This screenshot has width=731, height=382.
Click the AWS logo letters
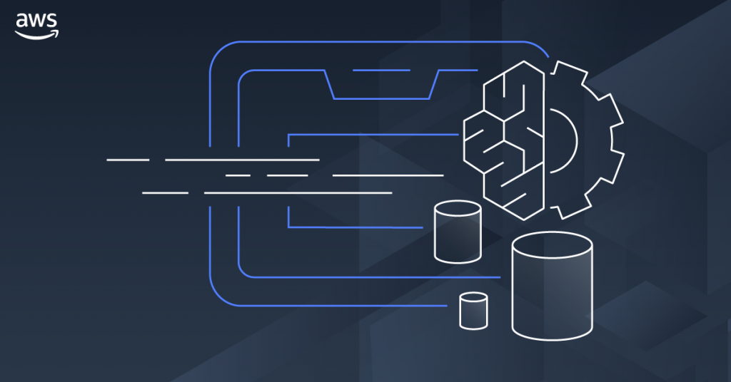coord(36,21)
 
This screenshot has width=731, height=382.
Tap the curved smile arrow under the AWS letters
coord(36,33)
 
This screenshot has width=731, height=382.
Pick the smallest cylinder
coord(473,311)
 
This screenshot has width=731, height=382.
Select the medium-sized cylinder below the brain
coord(457,232)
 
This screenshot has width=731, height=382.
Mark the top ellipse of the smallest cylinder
coord(473,298)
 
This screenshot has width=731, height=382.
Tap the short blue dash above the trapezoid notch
coord(381,71)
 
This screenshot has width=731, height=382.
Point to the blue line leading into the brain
coord(371,134)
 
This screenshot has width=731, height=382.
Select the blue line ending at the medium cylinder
coord(357,227)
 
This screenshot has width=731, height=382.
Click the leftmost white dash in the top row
coord(128,160)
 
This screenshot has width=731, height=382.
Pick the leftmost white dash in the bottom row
coord(165,192)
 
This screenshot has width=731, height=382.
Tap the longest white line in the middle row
coord(388,175)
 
